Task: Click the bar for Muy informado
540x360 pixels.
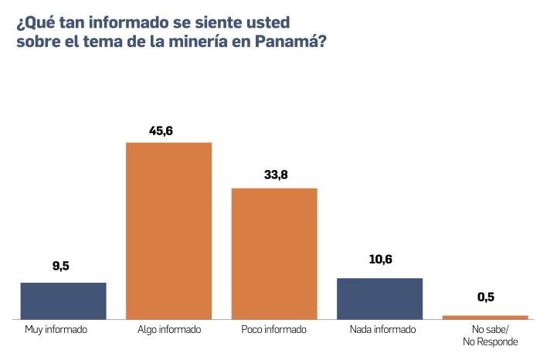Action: coord(63,301)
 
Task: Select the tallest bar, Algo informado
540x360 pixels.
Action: coord(168,230)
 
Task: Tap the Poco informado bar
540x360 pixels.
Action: coord(274,253)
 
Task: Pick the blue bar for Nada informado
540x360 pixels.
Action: coord(380,298)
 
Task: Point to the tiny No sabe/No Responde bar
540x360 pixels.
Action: coord(485,317)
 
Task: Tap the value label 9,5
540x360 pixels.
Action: coord(61,267)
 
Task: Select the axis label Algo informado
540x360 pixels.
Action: coord(168,330)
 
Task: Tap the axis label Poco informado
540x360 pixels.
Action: coord(273,330)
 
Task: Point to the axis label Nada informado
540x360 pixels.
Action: coord(382,330)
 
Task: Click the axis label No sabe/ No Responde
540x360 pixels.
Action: coord(489,335)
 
